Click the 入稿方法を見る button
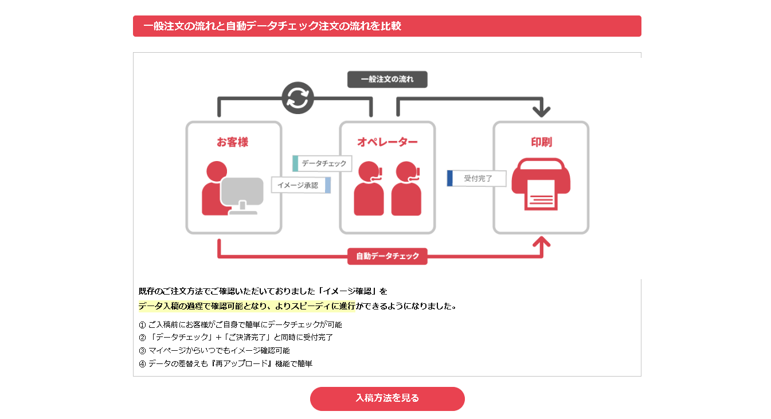[x=388, y=398]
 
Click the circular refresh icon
[x=298, y=98]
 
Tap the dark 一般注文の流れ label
[x=388, y=79]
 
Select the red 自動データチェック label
[x=388, y=256]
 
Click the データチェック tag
[x=322, y=163]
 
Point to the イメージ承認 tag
[x=301, y=185]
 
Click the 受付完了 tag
[x=477, y=178]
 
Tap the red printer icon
[x=541, y=184]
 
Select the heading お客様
[x=232, y=142]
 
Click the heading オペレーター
[x=388, y=142]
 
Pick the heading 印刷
[x=541, y=142]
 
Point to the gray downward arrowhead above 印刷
[x=542, y=111]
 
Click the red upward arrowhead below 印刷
[x=542, y=242]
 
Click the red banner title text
[x=272, y=26]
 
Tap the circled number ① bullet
[x=142, y=325]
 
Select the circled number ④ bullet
[x=142, y=364]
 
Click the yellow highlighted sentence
[x=247, y=306]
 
